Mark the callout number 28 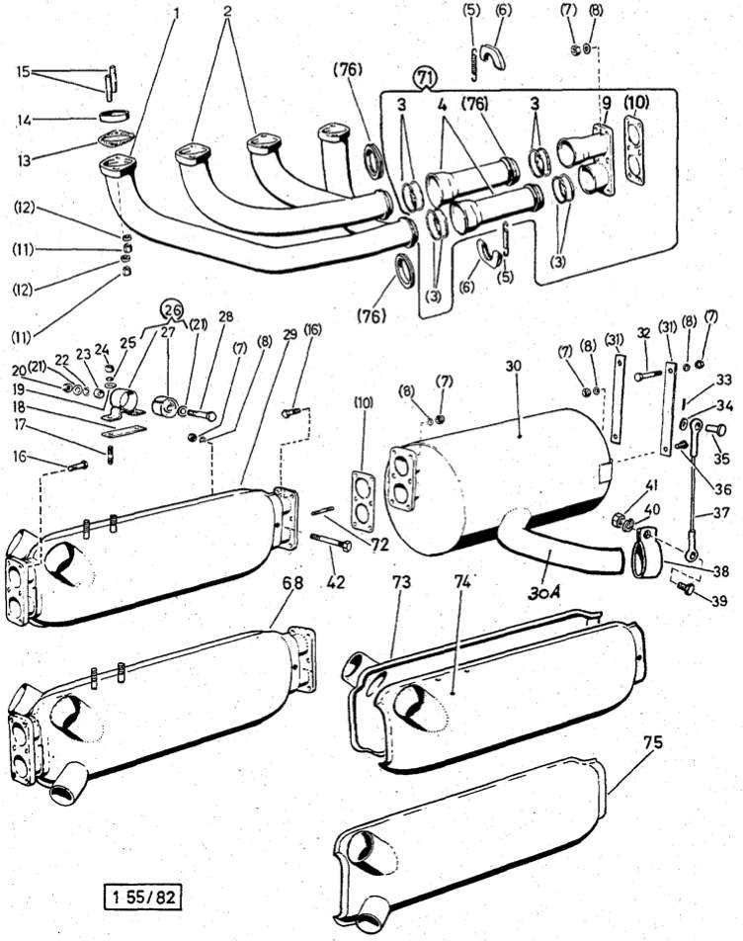(x=225, y=316)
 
